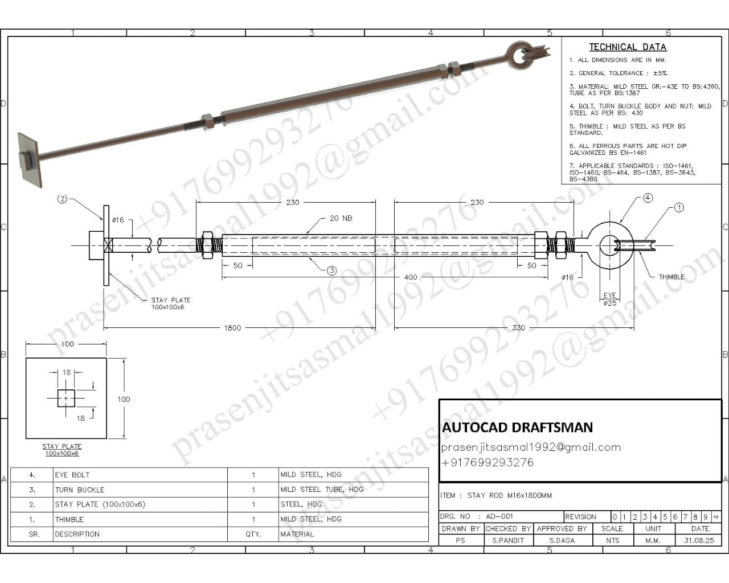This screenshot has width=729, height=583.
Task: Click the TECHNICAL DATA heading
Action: pos(627,47)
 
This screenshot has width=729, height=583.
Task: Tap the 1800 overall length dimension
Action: pos(232,328)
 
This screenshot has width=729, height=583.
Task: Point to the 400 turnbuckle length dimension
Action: pos(410,277)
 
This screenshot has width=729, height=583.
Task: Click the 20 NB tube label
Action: pos(341,218)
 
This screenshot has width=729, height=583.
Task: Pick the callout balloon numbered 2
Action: pos(63,199)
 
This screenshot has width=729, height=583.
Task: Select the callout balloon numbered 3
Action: pos(331,270)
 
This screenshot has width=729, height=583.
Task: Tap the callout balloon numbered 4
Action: pos(648,198)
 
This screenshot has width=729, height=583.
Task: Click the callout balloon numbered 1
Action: pos(678,208)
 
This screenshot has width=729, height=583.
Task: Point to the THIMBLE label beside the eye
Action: pos(671,277)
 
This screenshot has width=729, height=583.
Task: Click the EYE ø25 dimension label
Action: pos(609,299)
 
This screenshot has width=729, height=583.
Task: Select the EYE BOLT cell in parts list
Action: pos(72,475)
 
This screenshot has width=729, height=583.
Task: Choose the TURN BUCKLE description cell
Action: pos(79,490)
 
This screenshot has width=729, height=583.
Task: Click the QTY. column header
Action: pos(253,534)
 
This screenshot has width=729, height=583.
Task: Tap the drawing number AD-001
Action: pos(499,517)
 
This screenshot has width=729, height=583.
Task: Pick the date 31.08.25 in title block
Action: pos(699,540)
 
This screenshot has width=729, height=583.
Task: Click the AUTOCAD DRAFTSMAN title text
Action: pos(517,427)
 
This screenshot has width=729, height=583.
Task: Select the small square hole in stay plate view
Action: pos(66,398)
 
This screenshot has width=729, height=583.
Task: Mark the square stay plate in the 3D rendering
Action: pos(30,159)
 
